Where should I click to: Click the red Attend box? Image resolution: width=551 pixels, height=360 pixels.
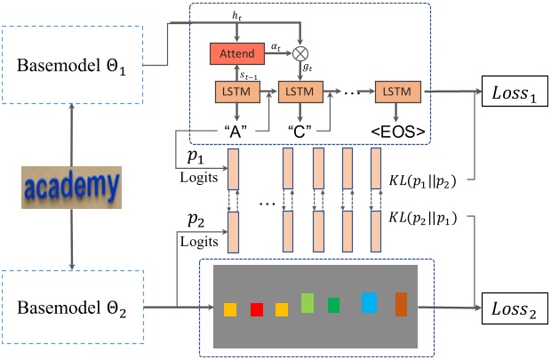(x=236, y=54)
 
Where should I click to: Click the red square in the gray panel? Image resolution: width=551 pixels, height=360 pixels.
(x=257, y=309)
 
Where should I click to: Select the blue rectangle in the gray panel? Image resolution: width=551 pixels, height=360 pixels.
(x=368, y=304)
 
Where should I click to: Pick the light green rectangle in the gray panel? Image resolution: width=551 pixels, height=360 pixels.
(x=307, y=303)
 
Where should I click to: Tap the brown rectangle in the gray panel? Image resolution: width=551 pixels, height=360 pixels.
(x=401, y=303)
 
